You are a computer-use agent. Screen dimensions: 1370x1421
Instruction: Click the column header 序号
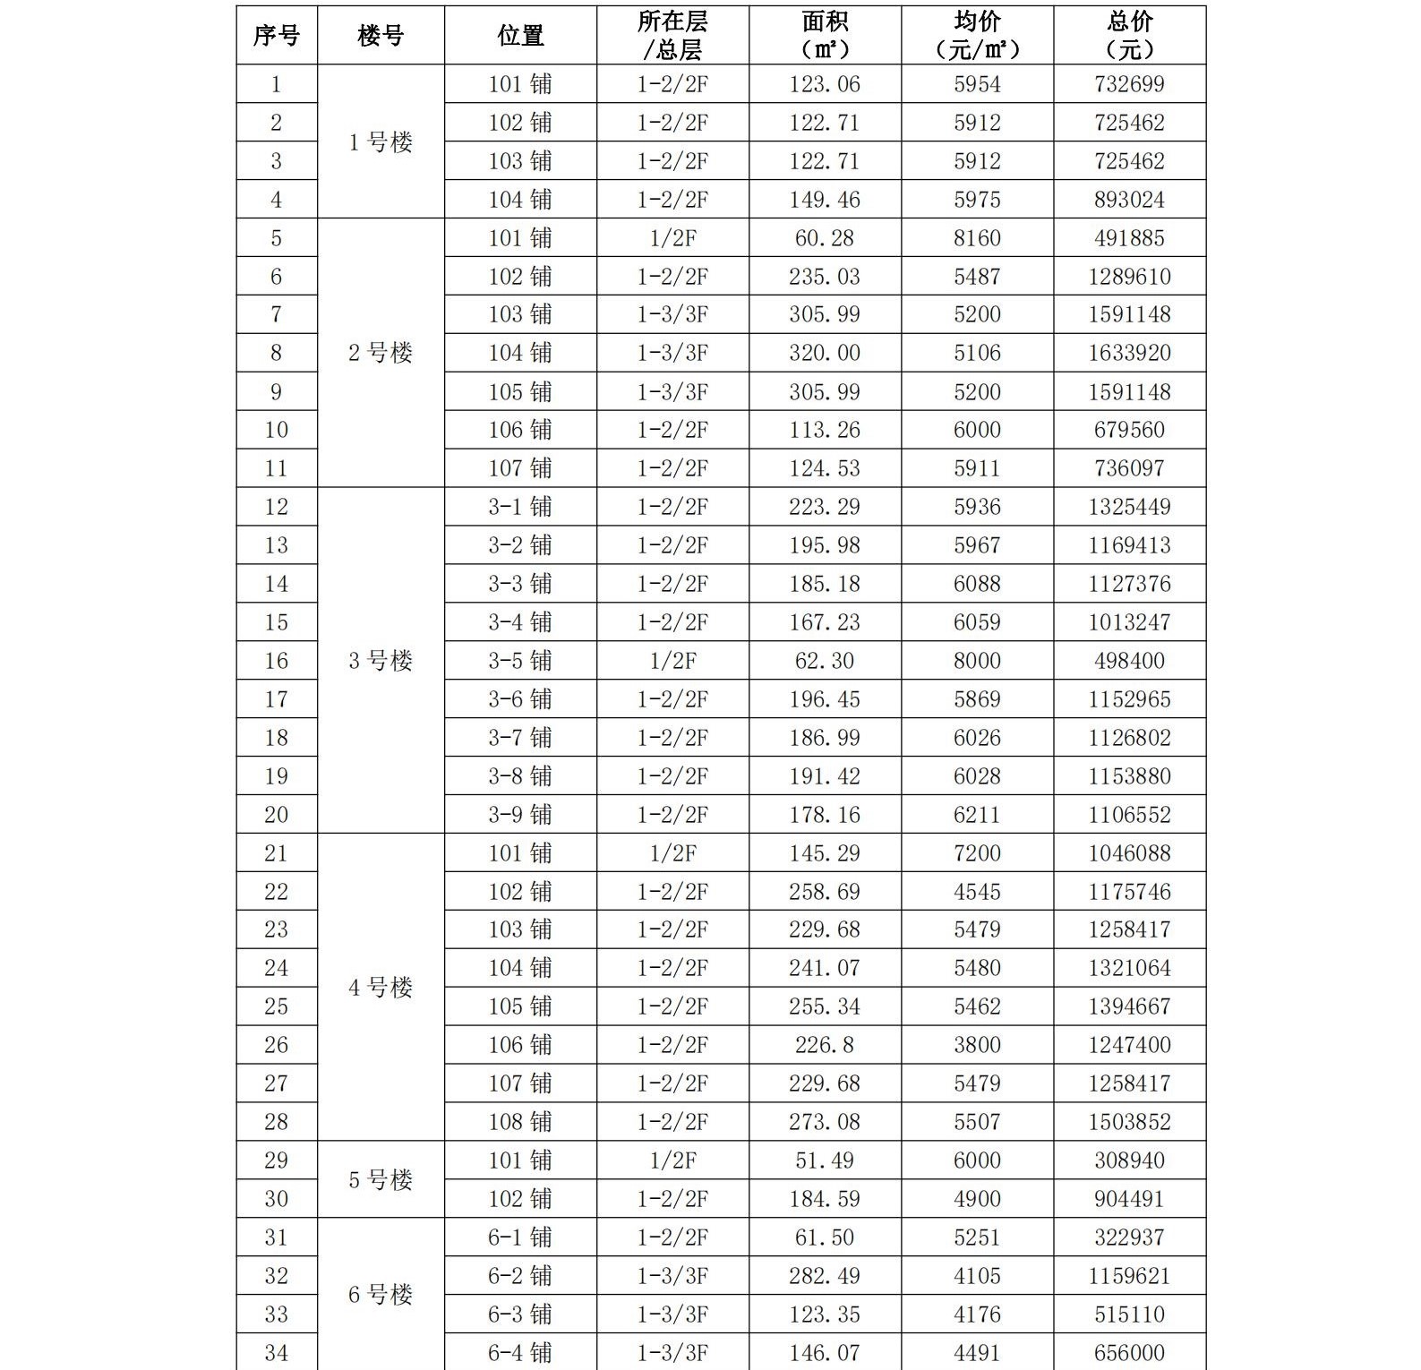tap(276, 36)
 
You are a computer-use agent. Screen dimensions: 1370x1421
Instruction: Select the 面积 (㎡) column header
tap(824, 36)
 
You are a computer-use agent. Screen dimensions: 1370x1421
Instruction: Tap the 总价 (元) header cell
tap(1129, 36)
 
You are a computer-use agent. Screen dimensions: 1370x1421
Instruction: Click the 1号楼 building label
tap(381, 142)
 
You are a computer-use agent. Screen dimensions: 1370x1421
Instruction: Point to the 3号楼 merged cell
tap(381, 661)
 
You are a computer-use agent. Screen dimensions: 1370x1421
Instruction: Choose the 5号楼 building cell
tap(381, 1179)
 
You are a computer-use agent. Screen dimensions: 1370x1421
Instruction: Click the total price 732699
tap(1129, 84)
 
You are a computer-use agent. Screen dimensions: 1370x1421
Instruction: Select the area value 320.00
tap(824, 353)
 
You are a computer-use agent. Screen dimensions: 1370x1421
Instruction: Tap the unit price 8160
tap(977, 238)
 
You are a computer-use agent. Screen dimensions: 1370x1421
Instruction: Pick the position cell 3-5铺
tap(520, 661)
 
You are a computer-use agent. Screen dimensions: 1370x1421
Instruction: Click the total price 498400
tap(1129, 661)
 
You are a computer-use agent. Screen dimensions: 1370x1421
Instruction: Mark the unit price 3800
tap(977, 1045)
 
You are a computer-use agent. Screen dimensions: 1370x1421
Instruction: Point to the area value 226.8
tap(824, 1045)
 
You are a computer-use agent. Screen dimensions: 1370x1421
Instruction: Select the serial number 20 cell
tap(276, 815)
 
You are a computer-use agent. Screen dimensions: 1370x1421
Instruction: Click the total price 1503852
tap(1129, 1122)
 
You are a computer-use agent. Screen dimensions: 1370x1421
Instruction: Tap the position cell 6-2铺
tap(520, 1276)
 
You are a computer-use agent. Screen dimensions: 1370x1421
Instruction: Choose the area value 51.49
tap(824, 1160)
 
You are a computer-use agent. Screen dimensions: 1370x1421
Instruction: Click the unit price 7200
tap(977, 853)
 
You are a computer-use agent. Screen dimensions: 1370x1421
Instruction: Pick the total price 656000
tap(1129, 1353)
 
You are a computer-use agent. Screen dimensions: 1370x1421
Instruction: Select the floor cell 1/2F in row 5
tap(672, 238)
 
